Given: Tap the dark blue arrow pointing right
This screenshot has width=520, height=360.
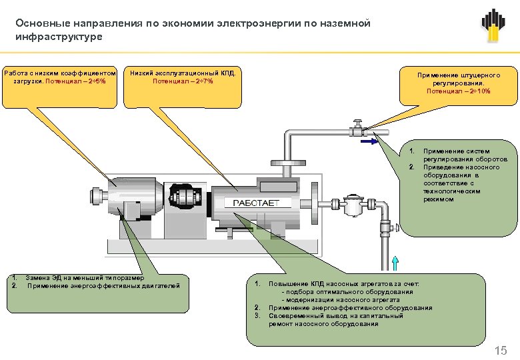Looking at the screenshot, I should click(369, 141).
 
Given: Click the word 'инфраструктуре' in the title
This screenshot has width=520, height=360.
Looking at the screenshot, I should click(59, 37).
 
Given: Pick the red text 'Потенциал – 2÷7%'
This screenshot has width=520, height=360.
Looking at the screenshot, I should click(183, 81).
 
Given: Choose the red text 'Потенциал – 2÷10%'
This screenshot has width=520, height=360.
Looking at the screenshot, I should click(458, 91).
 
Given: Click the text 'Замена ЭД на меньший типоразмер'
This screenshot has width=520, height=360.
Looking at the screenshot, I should click(81, 277).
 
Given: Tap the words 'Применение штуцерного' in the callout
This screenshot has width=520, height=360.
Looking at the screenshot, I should click(458, 75).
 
